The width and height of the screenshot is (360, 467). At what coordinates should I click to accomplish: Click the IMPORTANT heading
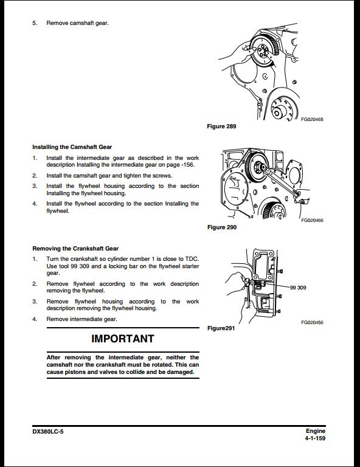click(123, 339)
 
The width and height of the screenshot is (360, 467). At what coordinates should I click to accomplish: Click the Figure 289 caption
click(222, 126)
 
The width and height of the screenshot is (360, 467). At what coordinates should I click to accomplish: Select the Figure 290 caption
click(222, 227)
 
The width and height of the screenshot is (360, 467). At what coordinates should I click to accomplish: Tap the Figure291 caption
click(221, 328)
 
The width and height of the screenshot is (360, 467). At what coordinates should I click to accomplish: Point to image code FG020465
click(311, 120)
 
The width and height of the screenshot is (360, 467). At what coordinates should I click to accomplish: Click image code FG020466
click(311, 220)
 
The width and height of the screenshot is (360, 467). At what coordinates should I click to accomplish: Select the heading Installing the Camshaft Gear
click(72, 147)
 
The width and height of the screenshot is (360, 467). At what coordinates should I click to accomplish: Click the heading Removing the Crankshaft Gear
click(75, 249)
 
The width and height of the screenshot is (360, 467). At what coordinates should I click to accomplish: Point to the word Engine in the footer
click(316, 431)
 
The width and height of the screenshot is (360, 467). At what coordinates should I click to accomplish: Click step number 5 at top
click(35, 24)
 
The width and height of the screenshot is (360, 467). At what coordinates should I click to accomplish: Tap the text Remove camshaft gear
click(78, 24)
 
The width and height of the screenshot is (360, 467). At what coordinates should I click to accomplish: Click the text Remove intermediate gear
click(81, 319)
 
